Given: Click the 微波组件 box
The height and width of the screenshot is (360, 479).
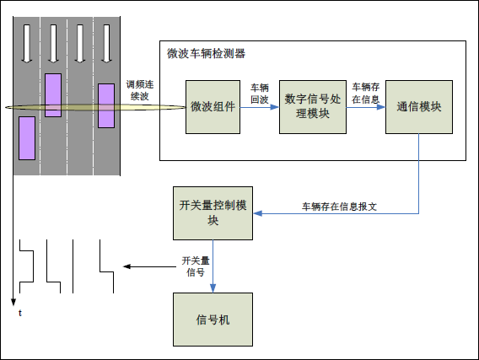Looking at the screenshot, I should coord(213,106).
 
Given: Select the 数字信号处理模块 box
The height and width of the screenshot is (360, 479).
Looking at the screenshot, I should coord(313,106).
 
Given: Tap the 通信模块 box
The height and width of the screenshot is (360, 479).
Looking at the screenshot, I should coord(419,106).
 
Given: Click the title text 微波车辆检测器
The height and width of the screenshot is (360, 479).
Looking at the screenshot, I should coord(207,53).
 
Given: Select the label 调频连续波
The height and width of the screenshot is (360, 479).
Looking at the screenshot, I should coord(141,90).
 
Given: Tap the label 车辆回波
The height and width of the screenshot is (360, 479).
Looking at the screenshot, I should coord(260,94).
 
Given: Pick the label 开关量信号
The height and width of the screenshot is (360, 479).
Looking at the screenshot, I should coord(195,266).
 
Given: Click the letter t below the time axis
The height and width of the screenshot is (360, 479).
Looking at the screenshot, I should coord(19,314).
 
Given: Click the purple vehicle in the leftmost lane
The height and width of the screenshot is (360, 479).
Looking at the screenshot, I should coord(27,138).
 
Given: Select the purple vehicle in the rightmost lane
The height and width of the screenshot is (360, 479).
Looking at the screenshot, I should coord(106,105).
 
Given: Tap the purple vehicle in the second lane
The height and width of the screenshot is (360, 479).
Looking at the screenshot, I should coord(53,95).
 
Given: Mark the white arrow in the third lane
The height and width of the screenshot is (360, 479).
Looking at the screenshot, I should coord(80,42).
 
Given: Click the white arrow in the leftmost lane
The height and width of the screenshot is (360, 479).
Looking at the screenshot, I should coord(27,42).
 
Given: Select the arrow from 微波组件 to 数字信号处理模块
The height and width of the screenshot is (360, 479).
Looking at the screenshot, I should coord(259,107).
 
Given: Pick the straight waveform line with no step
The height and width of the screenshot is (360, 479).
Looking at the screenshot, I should coord(73,266).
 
